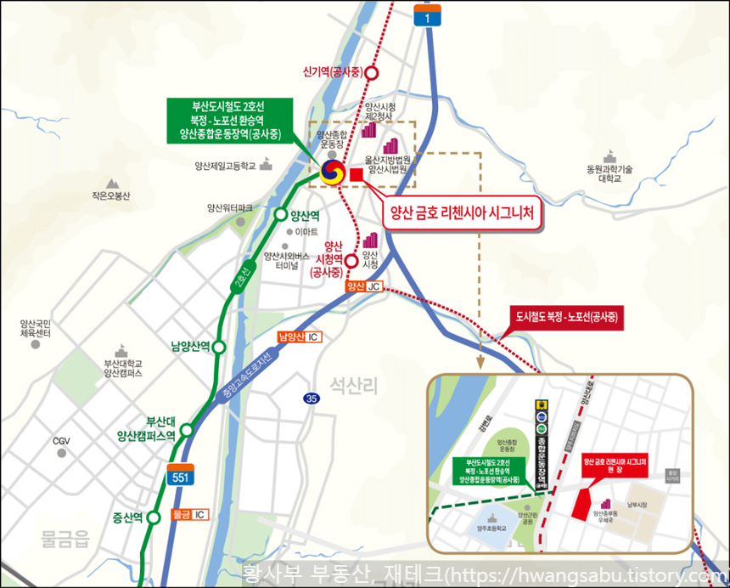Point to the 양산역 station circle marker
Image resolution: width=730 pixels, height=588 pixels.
[281, 215]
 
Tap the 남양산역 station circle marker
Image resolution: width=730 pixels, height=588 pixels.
[219, 347]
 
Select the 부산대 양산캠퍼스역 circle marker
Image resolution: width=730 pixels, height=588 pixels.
[186, 430]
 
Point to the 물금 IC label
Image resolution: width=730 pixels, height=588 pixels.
[189, 515]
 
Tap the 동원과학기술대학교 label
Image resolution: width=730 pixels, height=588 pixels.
[610, 174]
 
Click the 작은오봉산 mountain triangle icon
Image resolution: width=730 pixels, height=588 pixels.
[112, 183]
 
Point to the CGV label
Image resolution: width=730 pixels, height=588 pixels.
[61, 441]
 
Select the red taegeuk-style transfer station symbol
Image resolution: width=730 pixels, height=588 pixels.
[331, 172]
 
